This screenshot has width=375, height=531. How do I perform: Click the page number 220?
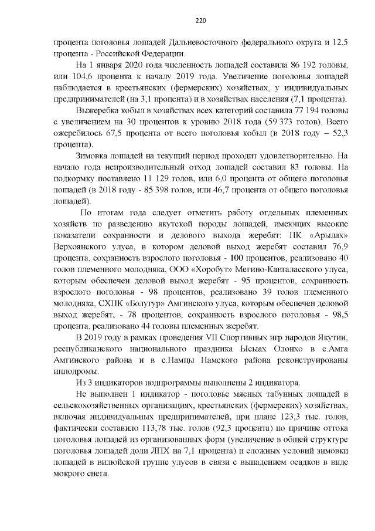coord(200,20)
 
